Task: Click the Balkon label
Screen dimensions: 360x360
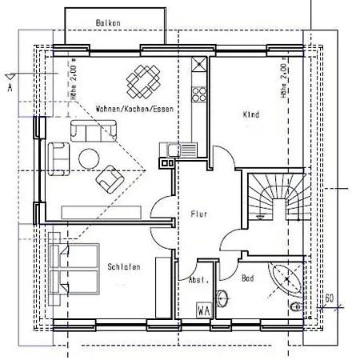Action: point(108,22)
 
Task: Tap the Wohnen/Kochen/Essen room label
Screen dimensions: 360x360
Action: point(134,109)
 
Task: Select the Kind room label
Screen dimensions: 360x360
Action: point(251,114)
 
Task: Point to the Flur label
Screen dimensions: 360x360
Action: point(199,214)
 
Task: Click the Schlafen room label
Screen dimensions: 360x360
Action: point(124,266)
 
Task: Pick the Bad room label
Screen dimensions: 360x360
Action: point(248,278)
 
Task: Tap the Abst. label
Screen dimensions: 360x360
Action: point(198,280)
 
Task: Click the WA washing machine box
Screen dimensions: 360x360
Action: point(204,310)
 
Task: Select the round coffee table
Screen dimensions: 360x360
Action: point(89,159)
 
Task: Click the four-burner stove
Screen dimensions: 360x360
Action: point(199,94)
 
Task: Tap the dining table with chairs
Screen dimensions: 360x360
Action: point(143,82)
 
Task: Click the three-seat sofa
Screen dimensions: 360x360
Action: point(94,131)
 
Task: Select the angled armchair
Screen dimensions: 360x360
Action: point(110,179)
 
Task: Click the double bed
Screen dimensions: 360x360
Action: point(74,269)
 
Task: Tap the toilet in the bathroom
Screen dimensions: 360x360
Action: point(297,307)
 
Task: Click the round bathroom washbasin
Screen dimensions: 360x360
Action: point(222,298)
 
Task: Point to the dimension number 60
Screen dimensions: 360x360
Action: point(330,298)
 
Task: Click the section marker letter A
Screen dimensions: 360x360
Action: point(10,87)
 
